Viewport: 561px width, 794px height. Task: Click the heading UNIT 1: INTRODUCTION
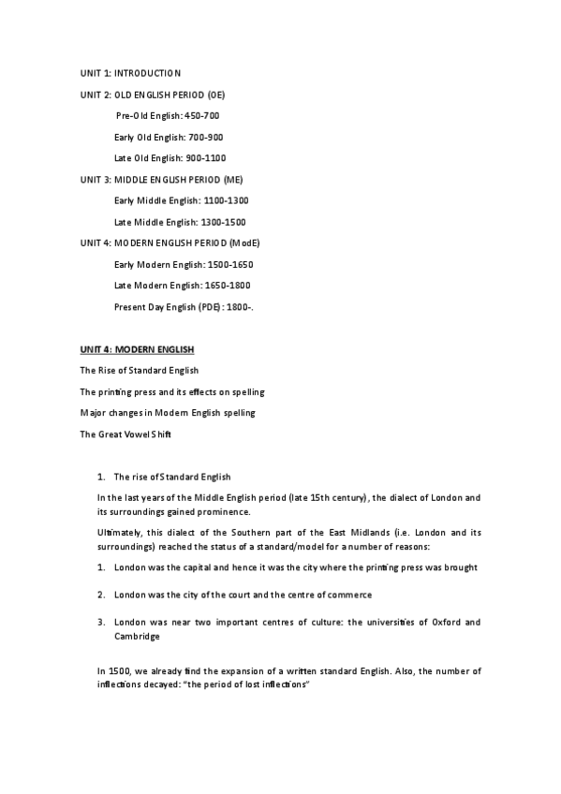130,73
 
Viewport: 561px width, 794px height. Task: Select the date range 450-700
203,116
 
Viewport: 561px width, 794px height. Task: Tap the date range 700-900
205,138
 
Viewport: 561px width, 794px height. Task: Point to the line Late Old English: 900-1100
170,158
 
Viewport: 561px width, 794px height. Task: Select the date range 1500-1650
229,264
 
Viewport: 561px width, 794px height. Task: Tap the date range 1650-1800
228,286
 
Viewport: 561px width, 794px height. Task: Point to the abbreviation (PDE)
210,307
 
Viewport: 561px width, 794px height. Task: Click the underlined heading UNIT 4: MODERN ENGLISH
137,349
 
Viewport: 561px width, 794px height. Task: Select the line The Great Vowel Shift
125,434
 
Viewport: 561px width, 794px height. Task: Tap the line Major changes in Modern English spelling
167,413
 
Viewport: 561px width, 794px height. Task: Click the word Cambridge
136,637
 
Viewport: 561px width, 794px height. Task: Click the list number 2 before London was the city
100,595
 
